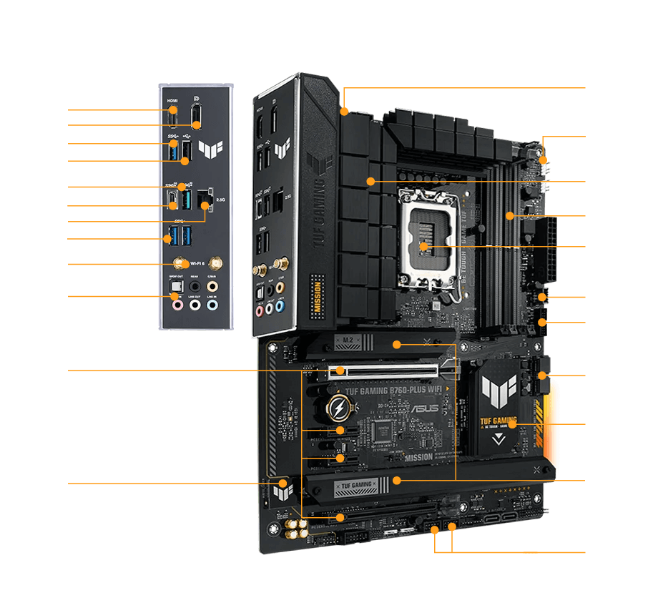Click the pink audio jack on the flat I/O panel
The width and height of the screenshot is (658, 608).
tap(176, 305)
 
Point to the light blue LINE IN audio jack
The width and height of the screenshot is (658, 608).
tap(212, 305)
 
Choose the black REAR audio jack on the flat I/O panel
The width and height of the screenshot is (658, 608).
tap(195, 286)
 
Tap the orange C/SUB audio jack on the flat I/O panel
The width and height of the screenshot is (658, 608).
tap(212, 286)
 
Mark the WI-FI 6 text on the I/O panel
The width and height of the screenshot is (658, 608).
tap(198, 264)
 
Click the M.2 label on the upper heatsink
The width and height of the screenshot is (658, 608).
tap(345, 339)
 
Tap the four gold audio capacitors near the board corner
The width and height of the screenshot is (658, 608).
tap(297, 529)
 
